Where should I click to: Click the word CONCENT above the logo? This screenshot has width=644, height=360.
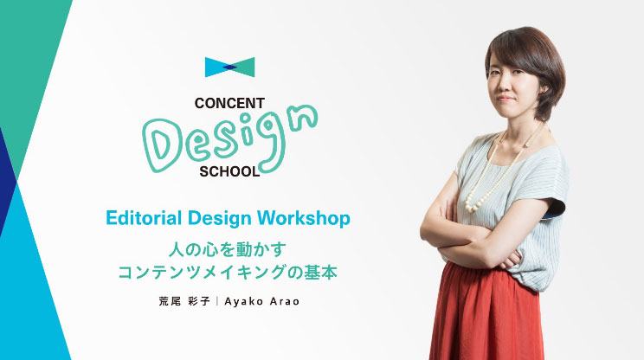[x=229, y=104]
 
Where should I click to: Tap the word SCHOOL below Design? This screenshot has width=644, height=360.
[x=229, y=171]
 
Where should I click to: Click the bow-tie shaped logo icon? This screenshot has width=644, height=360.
[x=229, y=67]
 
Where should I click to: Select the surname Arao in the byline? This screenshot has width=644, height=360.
[x=285, y=302]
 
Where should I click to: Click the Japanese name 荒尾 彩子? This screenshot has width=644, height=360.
[x=184, y=301]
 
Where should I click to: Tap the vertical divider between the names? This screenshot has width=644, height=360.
[x=217, y=301]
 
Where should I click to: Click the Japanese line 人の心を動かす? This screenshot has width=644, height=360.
[x=227, y=249]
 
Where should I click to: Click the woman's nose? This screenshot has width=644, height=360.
[x=505, y=88]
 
